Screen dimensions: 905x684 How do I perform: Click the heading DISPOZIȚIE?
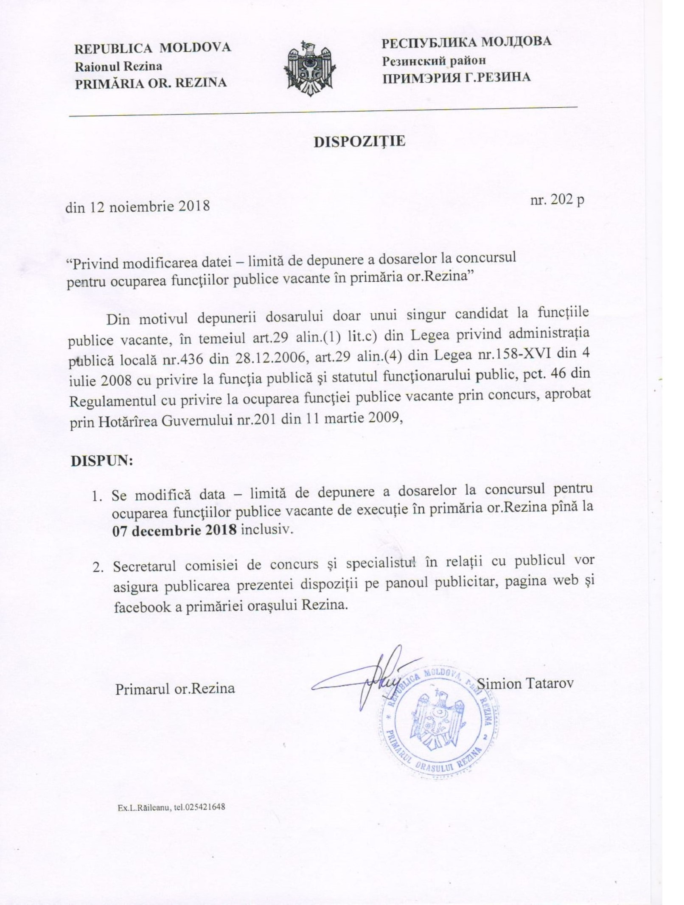tap(359, 142)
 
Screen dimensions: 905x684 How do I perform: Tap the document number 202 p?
tap(557, 200)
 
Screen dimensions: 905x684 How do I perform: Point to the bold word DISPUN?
tap(101, 461)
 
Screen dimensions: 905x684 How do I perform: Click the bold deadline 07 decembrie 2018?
tap(174, 530)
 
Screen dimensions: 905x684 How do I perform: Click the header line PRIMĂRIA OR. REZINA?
tap(151, 83)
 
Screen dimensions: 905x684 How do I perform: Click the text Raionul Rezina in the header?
tap(118, 67)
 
